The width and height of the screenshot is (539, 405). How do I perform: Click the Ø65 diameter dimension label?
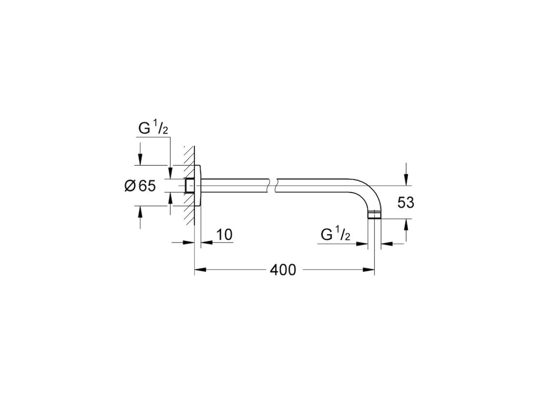pyautogui.click(x=140, y=186)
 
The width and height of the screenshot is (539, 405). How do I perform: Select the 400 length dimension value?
pyautogui.click(x=283, y=270)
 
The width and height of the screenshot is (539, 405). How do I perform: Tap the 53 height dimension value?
pyautogui.click(x=406, y=202)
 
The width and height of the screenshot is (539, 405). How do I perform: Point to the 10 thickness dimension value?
pyautogui.click(x=224, y=235)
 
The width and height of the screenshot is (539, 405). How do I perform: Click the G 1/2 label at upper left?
pyautogui.click(x=153, y=128)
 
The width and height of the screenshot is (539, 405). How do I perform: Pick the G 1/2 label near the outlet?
pyautogui.click(x=335, y=234)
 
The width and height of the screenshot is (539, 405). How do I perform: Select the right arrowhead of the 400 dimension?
pyautogui.click(x=368, y=269)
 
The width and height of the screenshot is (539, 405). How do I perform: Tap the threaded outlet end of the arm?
pyautogui.click(x=374, y=215)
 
